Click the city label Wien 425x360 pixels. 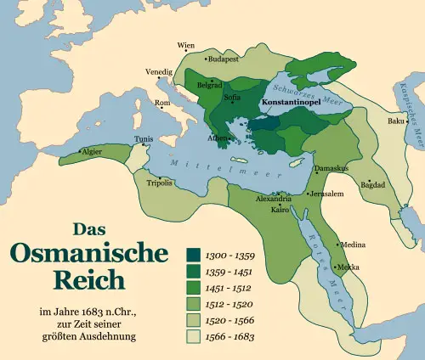[185, 45]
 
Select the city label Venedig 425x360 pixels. [158, 71]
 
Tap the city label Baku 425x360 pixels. [396, 121]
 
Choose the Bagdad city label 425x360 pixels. [373, 184]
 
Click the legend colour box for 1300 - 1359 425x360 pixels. [194, 254]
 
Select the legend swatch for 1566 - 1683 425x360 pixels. [194, 337]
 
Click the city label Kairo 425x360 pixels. [280, 208]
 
